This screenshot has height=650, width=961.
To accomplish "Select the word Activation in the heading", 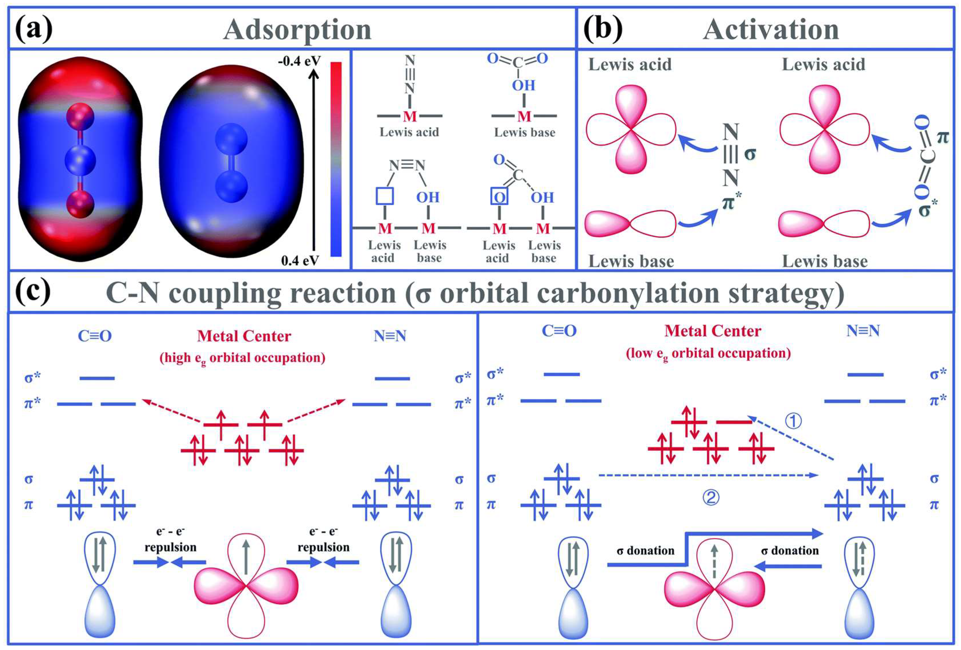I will click(x=771, y=30).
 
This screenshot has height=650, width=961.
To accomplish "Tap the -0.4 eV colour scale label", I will click(x=299, y=61).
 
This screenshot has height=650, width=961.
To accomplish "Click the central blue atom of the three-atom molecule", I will click(x=80, y=159).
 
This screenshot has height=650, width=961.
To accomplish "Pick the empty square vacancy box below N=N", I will click(x=385, y=196).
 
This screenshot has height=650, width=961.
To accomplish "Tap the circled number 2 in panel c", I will click(x=711, y=497).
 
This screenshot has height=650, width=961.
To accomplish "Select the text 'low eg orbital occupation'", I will click(x=708, y=353).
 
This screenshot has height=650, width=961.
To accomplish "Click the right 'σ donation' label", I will click(x=790, y=551).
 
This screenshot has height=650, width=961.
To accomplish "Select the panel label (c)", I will click(x=33, y=291).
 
